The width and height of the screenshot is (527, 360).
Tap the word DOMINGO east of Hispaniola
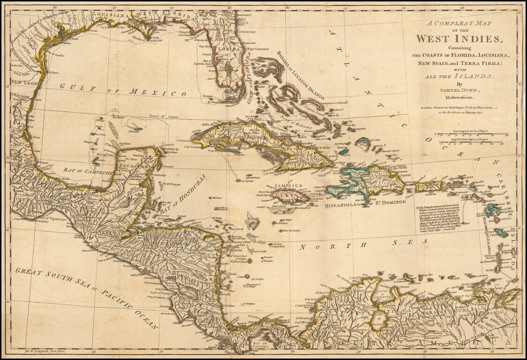(x=391, y=202)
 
